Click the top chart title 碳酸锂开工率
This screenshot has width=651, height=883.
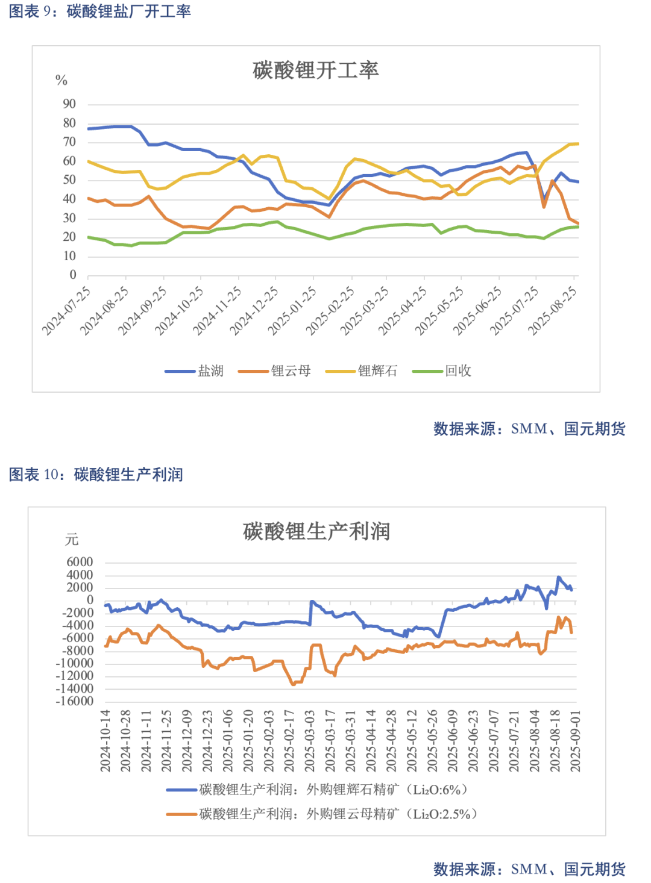click(x=316, y=70)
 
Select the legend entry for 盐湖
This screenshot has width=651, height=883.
click(x=194, y=371)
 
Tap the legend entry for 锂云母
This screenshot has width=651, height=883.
click(x=274, y=371)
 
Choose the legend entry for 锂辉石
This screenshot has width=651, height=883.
click(x=361, y=371)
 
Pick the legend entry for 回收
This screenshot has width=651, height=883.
click(x=441, y=371)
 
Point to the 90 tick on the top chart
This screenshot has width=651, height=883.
click(x=69, y=104)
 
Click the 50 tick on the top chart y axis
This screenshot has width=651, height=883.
click(x=69, y=180)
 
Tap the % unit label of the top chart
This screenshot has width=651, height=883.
click(x=61, y=81)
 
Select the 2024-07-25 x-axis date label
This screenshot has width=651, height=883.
click(x=66, y=311)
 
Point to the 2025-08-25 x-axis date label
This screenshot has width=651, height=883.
click(x=552, y=311)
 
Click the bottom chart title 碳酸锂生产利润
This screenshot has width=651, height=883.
click(x=316, y=531)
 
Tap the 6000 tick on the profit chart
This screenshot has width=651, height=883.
click(x=80, y=562)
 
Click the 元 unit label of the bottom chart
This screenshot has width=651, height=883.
click(x=72, y=539)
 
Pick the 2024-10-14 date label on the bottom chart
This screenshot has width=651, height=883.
click(x=105, y=741)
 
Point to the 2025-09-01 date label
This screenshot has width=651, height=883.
click(x=576, y=741)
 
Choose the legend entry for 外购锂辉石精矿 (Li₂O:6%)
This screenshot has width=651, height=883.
click(x=317, y=790)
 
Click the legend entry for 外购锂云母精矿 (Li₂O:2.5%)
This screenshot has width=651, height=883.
click(x=322, y=814)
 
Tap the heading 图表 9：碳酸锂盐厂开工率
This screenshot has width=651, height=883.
click(x=100, y=11)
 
